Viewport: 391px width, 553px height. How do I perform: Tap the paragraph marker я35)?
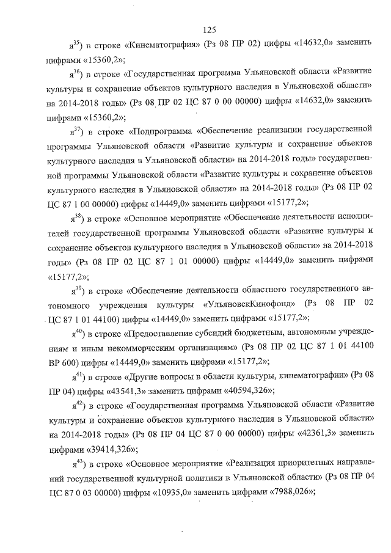click(x=76, y=45)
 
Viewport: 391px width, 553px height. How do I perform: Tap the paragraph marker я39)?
click(x=76, y=290)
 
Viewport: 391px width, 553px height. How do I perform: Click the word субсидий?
click(x=211, y=334)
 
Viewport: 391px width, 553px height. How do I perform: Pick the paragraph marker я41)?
click(x=76, y=375)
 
